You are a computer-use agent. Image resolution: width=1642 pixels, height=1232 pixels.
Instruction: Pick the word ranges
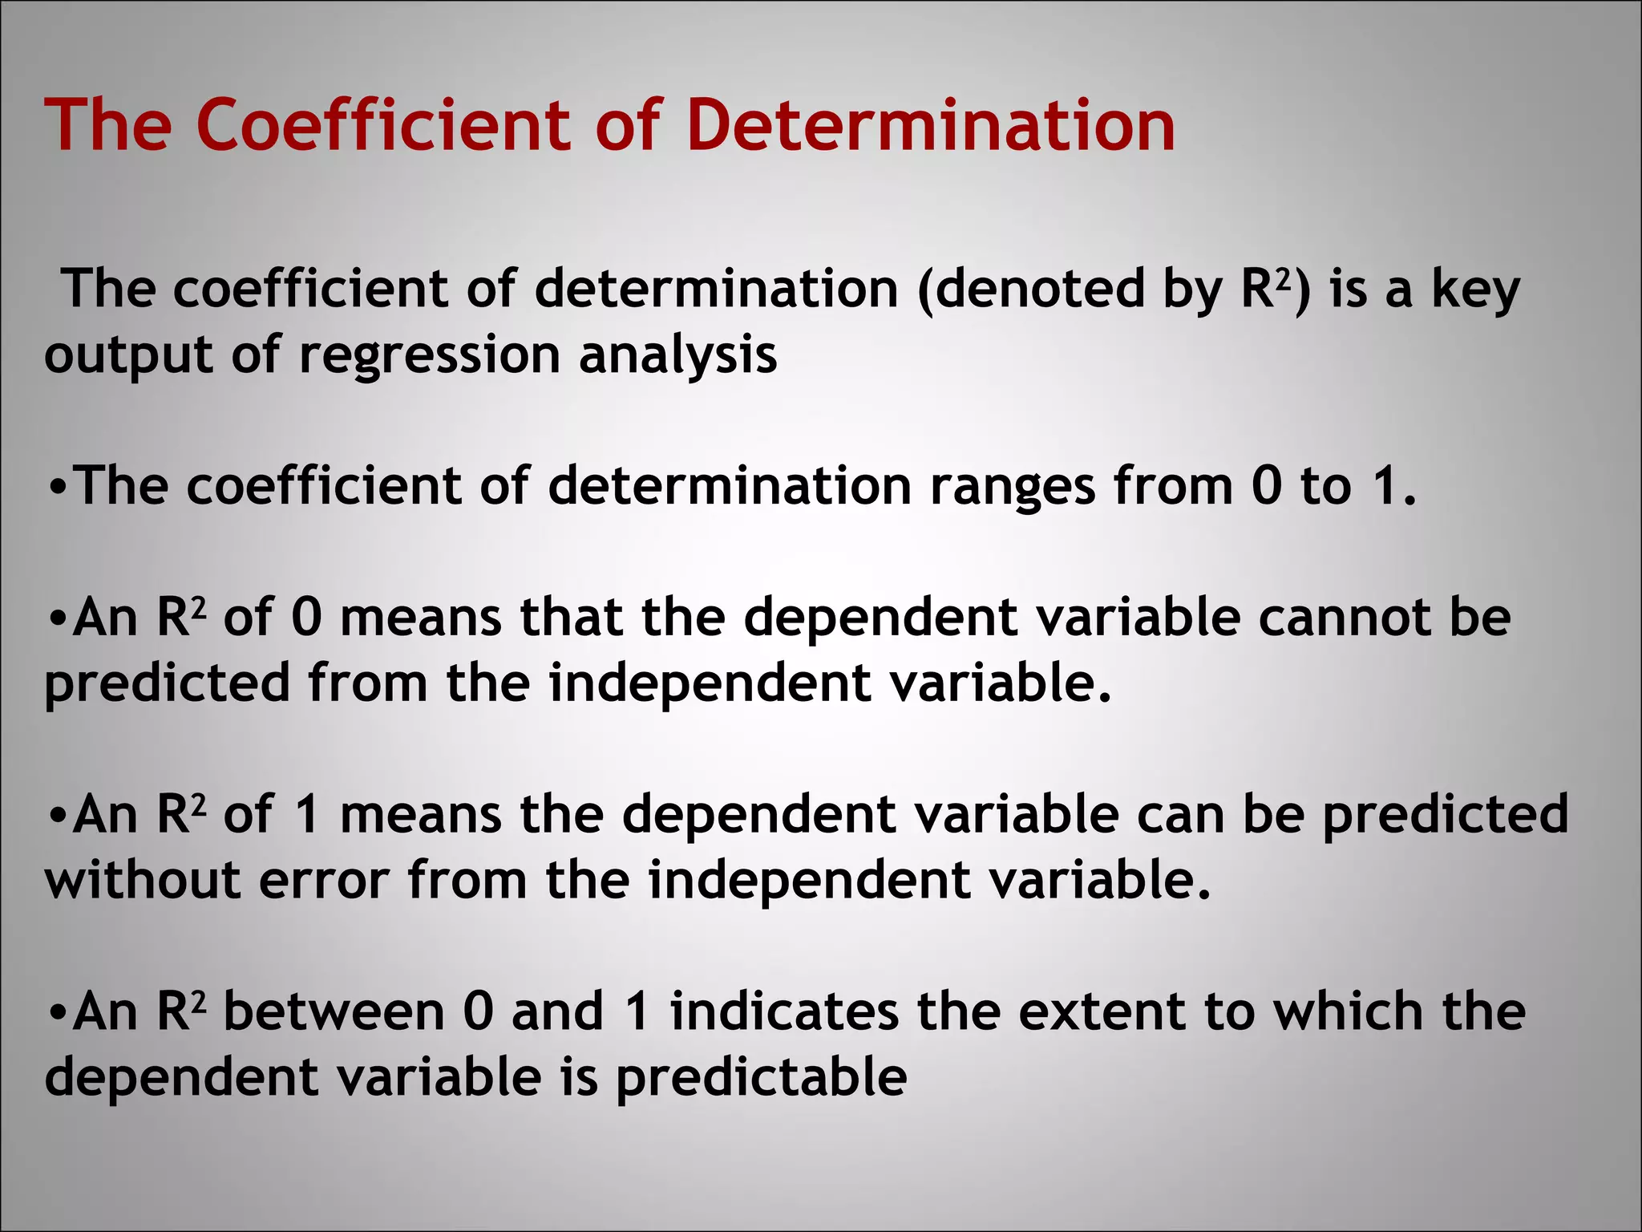[x=1013, y=487]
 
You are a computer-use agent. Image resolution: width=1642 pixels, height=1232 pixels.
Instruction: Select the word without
[x=143, y=880]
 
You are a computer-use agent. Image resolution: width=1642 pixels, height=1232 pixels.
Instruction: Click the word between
[x=334, y=1011]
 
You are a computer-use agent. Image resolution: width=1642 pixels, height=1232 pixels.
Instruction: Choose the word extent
[x=1102, y=1011]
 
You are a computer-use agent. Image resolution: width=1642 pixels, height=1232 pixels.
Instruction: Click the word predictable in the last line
[x=762, y=1077]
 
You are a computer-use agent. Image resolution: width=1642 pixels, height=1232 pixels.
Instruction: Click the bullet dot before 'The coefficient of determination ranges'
[x=57, y=488]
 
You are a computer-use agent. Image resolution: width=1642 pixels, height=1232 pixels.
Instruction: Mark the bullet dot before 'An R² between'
[x=57, y=1013]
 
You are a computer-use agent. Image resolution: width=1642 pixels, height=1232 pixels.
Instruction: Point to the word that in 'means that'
[x=571, y=618]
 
